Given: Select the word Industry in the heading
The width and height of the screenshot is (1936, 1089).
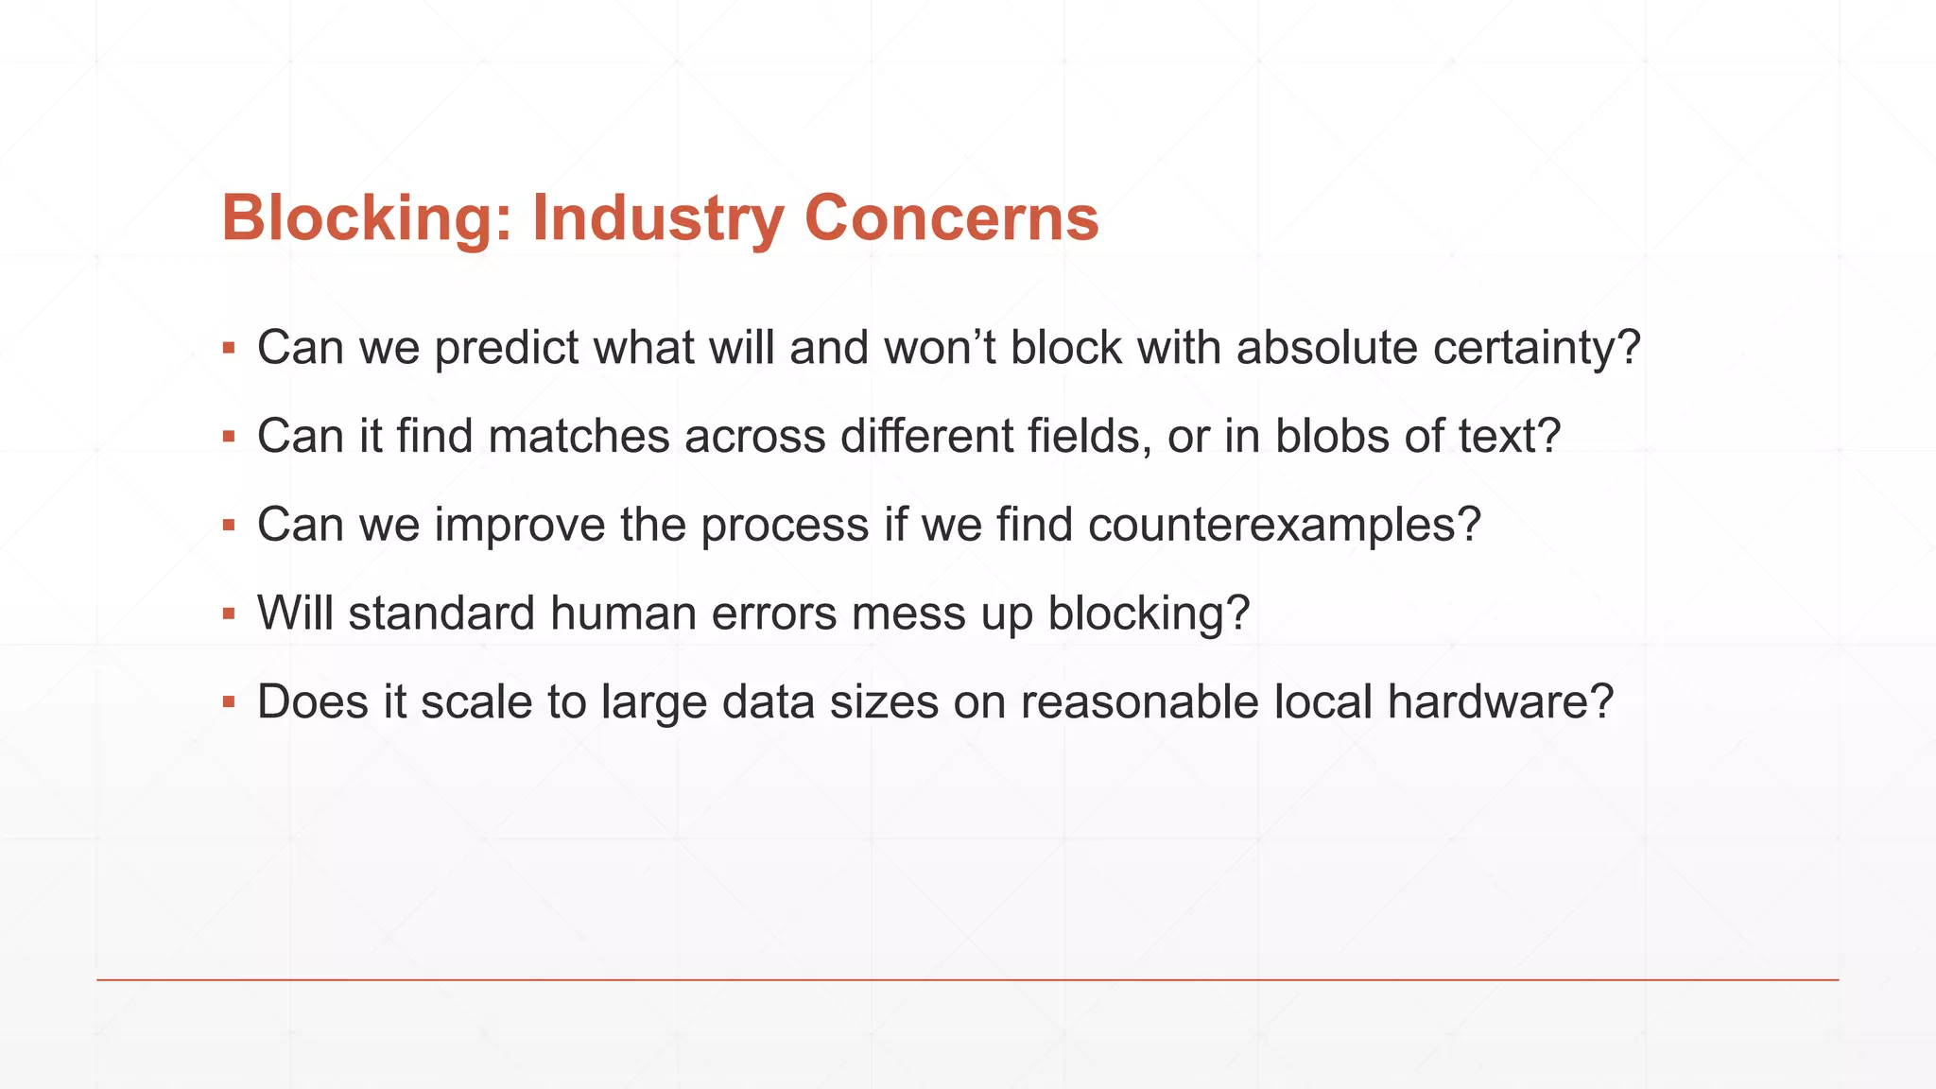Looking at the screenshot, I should point(658,219).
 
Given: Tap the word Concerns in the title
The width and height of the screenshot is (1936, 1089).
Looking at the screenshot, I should point(952,219).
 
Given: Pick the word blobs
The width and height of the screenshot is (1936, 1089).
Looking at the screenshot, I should point(1331,437).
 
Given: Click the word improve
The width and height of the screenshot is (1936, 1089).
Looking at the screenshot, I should point(520,525).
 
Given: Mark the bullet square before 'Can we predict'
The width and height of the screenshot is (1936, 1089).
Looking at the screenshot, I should point(229,349).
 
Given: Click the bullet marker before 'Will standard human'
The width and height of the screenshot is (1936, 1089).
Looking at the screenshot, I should point(229,614).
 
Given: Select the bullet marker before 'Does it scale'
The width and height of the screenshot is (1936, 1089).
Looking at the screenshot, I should point(229,702).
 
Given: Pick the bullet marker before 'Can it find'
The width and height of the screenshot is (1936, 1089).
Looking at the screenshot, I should point(229,437).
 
